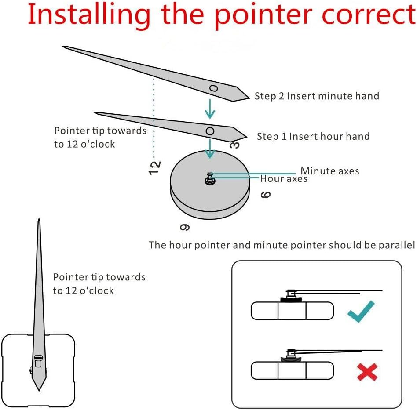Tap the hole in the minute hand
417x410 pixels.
(213, 88)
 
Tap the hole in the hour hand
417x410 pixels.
(210, 131)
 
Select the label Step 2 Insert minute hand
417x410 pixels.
(317, 96)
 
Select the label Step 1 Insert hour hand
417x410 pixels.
(313, 136)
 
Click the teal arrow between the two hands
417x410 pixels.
(210, 109)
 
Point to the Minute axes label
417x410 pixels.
(330, 171)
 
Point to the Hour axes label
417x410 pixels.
(284, 179)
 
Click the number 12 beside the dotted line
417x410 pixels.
(154, 168)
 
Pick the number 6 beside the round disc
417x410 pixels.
(266, 194)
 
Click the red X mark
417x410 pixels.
(367, 372)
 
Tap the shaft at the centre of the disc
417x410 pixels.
(209, 178)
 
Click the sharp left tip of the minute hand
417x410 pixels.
(63, 46)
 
